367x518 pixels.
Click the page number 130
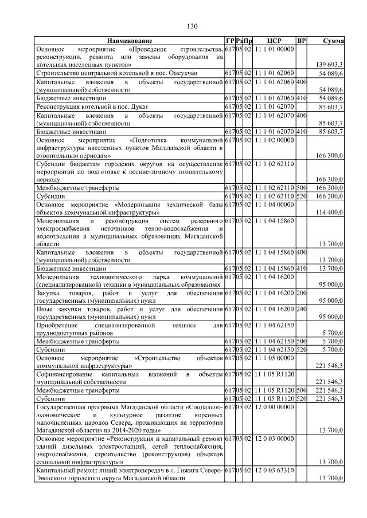tap(192, 26)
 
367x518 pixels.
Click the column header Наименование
tap(129, 41)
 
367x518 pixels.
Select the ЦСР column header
tap(274, 41)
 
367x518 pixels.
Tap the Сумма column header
tap(333, 41)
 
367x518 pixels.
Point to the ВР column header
tap(302, 41)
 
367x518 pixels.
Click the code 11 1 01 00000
tap(274, 50)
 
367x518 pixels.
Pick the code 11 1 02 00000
tap(274, 139)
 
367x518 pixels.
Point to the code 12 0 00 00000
tap(274, 406)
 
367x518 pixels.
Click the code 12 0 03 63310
tap(274, 470)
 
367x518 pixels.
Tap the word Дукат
tap(138, 106)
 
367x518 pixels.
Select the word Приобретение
tap(61, 325)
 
